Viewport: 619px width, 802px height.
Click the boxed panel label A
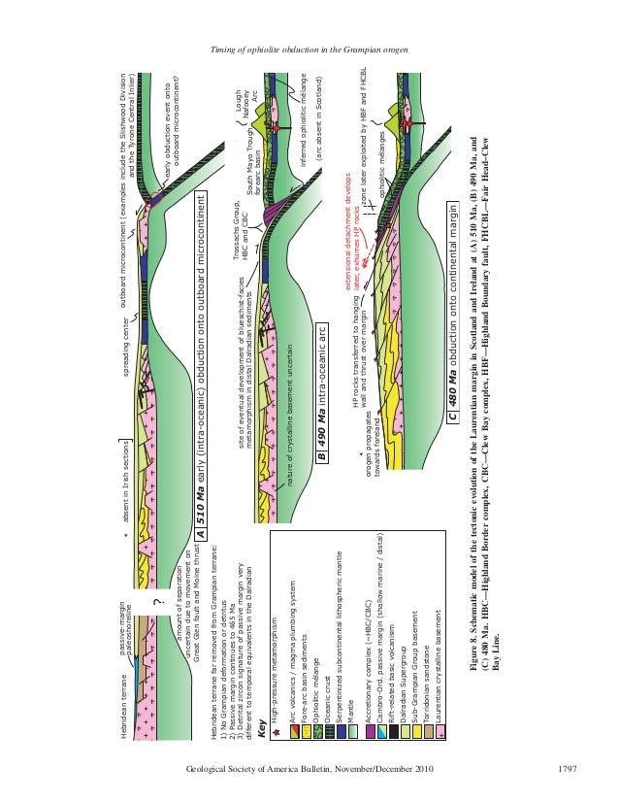pyautogui.click(x=200, y=533)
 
